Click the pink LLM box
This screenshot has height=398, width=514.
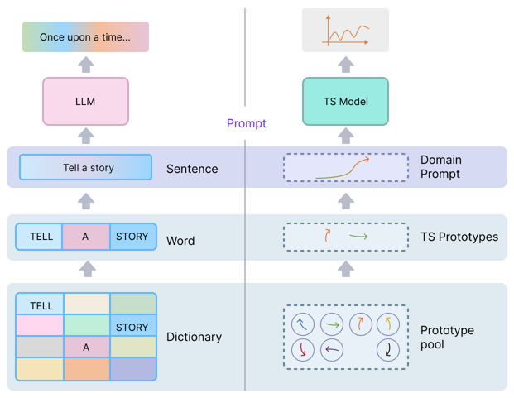(85, 102)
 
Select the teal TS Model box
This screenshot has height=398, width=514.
(346, 102)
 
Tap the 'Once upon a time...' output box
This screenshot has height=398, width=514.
(85, 37)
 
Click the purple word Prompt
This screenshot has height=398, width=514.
(247, 123)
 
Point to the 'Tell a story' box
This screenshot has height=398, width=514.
(86, 168)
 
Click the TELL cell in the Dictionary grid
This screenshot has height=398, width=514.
(41, 305)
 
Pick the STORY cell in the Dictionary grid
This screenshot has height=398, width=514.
(132, 327)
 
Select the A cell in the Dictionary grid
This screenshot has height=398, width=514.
(86, 348)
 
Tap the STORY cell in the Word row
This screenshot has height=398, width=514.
(132, 237)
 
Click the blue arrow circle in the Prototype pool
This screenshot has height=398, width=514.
(302, 324)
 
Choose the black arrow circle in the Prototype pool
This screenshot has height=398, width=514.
(388, 351)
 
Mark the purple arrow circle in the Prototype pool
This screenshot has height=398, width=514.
(331, 351)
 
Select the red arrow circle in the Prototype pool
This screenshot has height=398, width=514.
(302, 351)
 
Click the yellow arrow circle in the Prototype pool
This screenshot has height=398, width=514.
(388, 324)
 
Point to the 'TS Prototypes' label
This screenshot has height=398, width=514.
(459, 237)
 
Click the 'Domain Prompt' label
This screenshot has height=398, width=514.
(441, 167)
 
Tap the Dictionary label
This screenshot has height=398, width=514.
(194, 338)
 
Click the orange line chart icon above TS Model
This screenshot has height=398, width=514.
(346, 31)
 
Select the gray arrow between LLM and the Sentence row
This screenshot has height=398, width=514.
(86, 137)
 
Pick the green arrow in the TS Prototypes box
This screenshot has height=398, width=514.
(358, 237)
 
